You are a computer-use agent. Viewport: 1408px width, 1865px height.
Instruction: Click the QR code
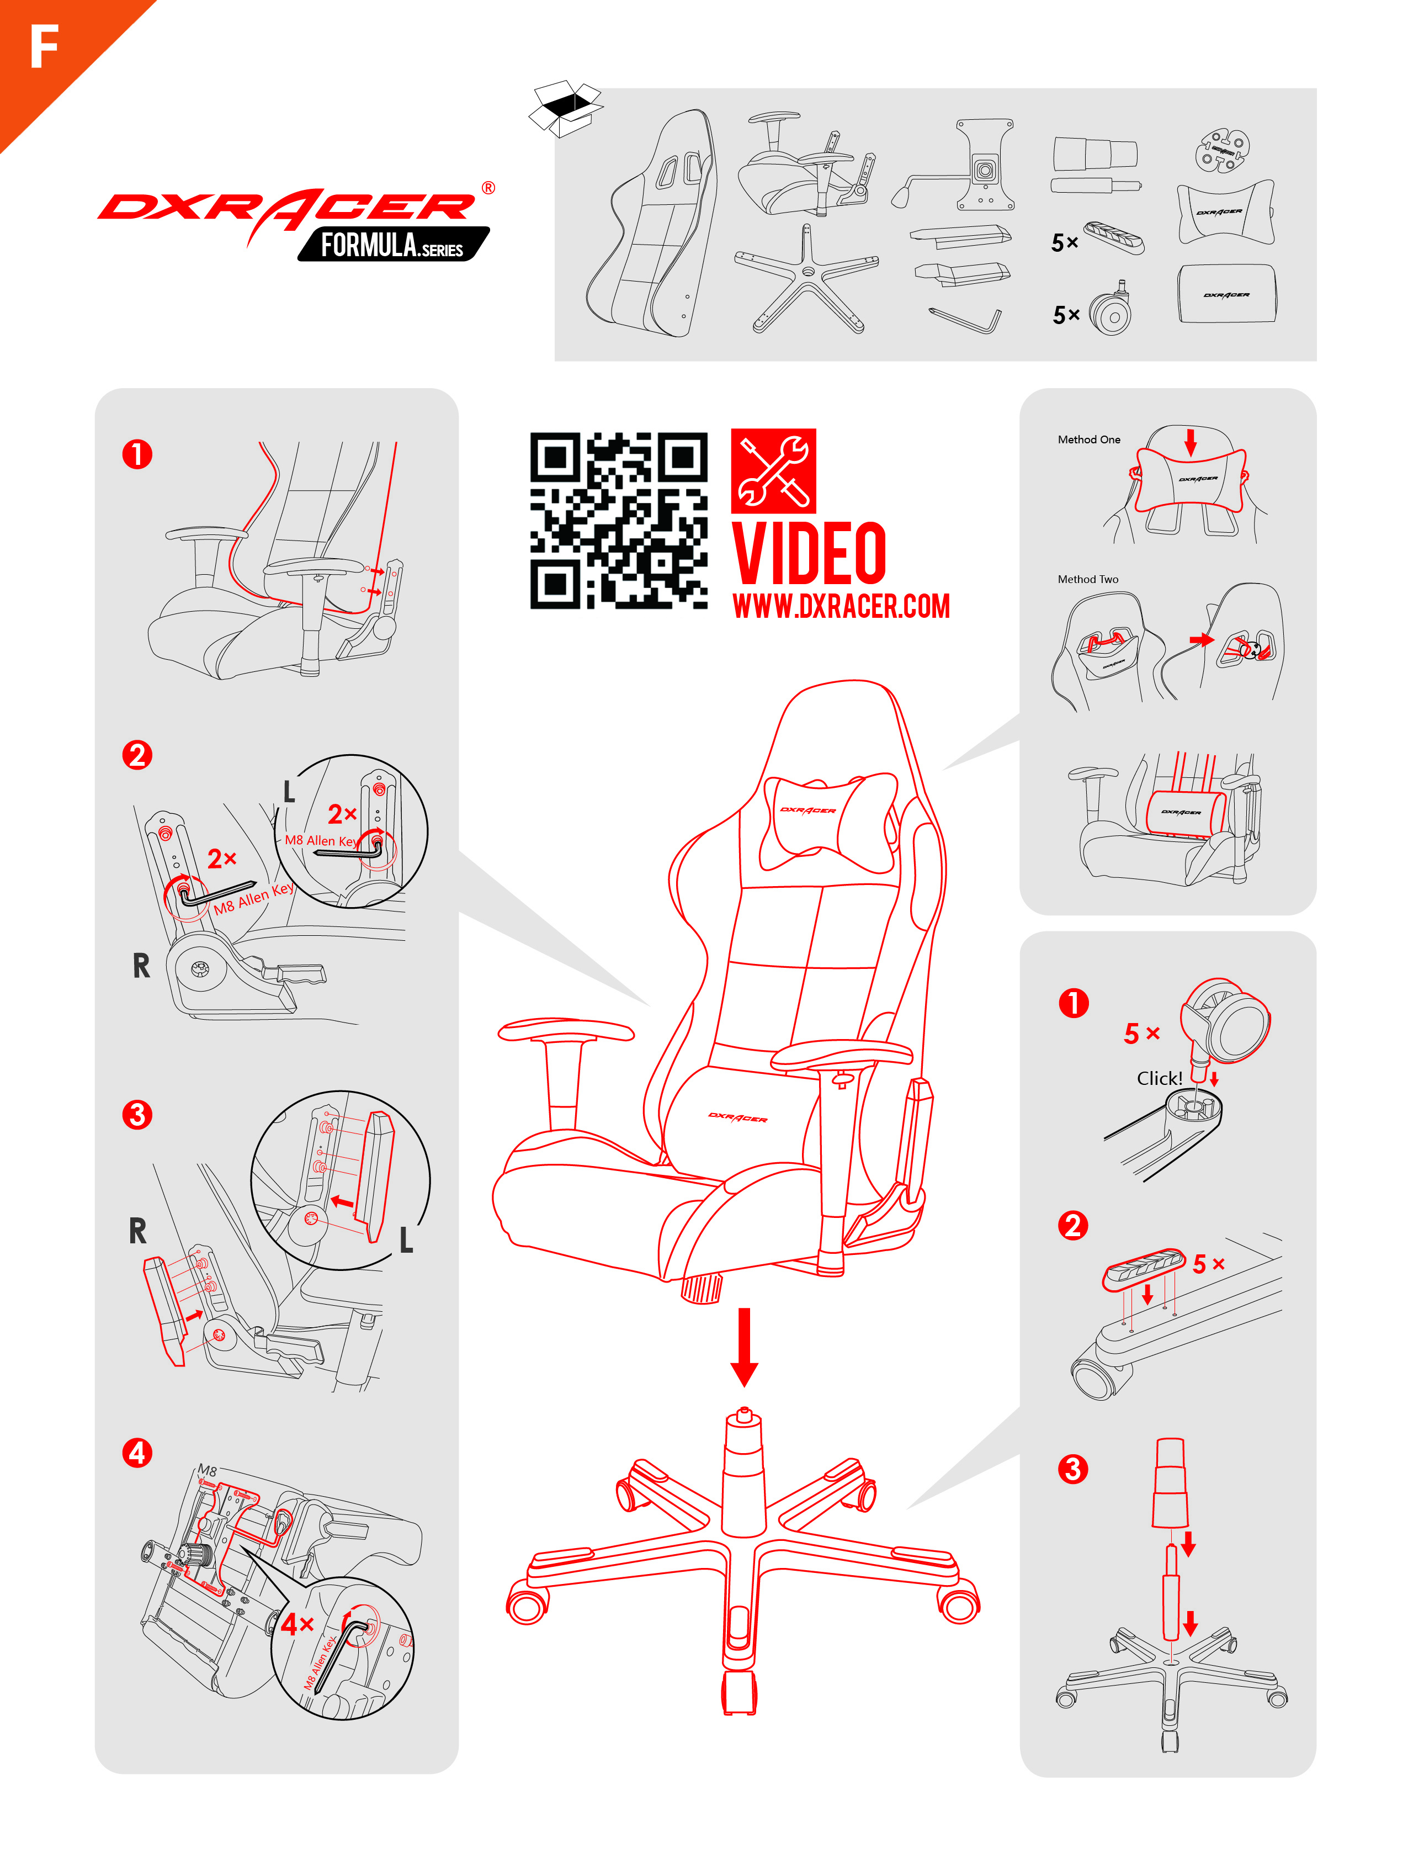pos(619,520)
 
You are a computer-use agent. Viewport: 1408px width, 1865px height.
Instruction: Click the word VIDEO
pos(809,553)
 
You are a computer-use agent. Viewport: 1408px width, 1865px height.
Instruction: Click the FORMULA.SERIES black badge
pos(393,245)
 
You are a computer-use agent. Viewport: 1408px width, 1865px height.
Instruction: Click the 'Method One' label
pos(1088,439)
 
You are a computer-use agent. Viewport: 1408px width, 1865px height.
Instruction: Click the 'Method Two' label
pos(1088,579)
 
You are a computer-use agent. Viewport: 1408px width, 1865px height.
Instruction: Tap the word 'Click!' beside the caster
pos(1159,1078)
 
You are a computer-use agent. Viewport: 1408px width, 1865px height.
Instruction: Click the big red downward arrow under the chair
pos(743,1347)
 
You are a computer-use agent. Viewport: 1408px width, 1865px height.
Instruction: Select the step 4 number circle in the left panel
pos(137,1453)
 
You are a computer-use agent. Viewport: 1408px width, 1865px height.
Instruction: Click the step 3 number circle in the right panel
pos(1072,1469)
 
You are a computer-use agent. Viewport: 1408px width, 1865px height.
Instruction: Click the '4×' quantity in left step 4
pos(297,1624)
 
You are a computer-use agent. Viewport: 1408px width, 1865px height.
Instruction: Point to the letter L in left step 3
pos(406,1239)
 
